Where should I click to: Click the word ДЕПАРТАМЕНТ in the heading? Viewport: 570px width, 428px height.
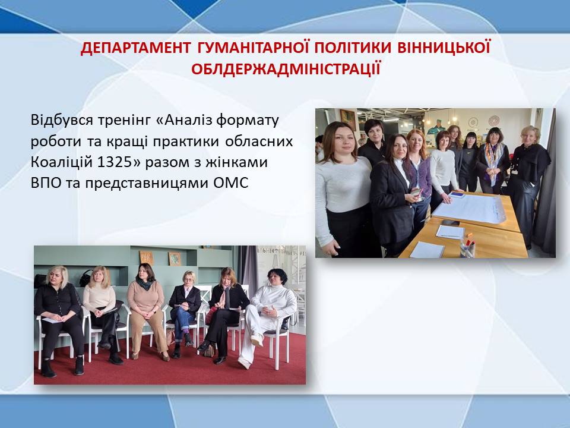tap(135, 48)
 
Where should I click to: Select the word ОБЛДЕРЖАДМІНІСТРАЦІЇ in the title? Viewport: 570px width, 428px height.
tap(286, 68)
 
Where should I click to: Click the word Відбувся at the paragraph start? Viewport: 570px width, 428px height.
tap(62, 119)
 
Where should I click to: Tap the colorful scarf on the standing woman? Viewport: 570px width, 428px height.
tap(494, 161)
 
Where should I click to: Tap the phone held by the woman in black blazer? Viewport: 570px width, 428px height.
tap(416, 192)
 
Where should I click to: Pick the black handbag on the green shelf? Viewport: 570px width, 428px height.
tap(85, 278)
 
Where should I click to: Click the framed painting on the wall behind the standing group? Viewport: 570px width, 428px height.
tap(348, 119)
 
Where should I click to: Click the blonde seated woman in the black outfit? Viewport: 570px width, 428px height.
tap(59, 321)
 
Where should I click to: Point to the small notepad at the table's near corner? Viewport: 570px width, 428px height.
tap(427, 250)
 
